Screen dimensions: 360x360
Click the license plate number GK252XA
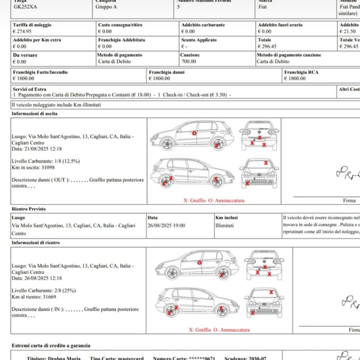[x=25, y=7]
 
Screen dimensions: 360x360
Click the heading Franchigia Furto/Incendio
[x=40, y=72]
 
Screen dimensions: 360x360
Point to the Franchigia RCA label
[x=301, y=72]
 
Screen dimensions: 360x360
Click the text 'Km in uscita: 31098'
[x=33, y=167]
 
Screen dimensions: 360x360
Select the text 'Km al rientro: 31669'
[x=34, y=297]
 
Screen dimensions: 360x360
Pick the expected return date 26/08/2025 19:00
[x=166, y=226]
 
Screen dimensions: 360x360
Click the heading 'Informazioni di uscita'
[x=35, y=114]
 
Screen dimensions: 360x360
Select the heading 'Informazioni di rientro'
[x=36, y=243]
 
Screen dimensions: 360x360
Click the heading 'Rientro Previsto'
[x=29, y=209]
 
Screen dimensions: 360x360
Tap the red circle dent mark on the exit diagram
[x=194, y=133]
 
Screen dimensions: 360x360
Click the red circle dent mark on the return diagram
[x=200, y=262]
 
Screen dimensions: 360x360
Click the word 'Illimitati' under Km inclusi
[x=225, y=226]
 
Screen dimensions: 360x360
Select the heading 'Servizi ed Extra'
[x=30, y=89]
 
